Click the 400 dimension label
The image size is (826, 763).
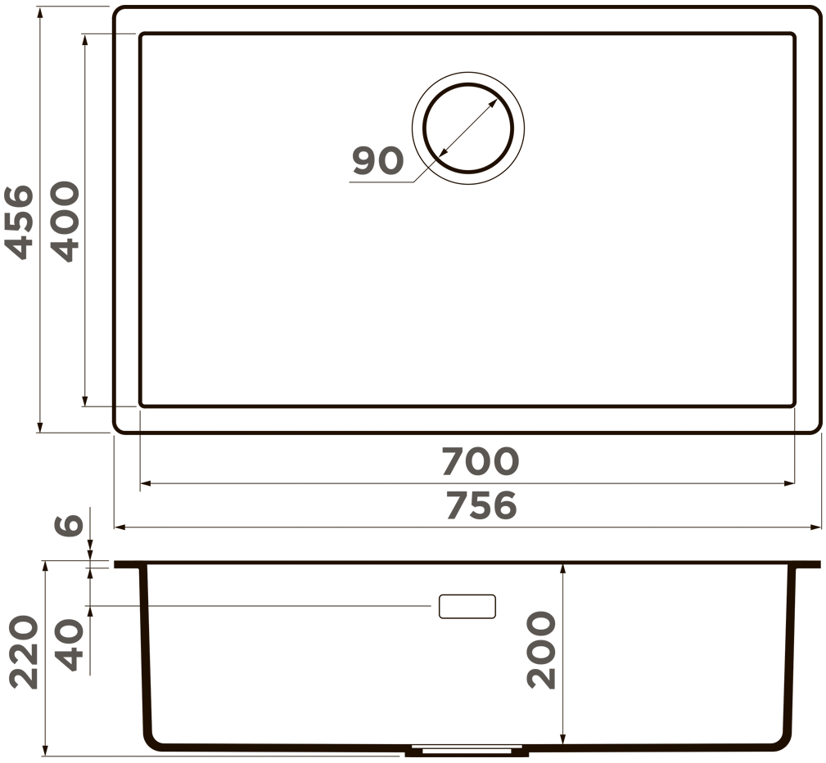65,222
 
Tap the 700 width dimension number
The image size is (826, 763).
480,461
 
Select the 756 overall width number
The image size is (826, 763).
481,505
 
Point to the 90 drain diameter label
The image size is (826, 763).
377,161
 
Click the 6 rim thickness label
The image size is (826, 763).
70,525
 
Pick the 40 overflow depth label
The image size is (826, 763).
70,645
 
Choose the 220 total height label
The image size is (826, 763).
25,653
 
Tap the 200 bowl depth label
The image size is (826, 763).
541,650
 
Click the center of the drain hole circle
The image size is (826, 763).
467,128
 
